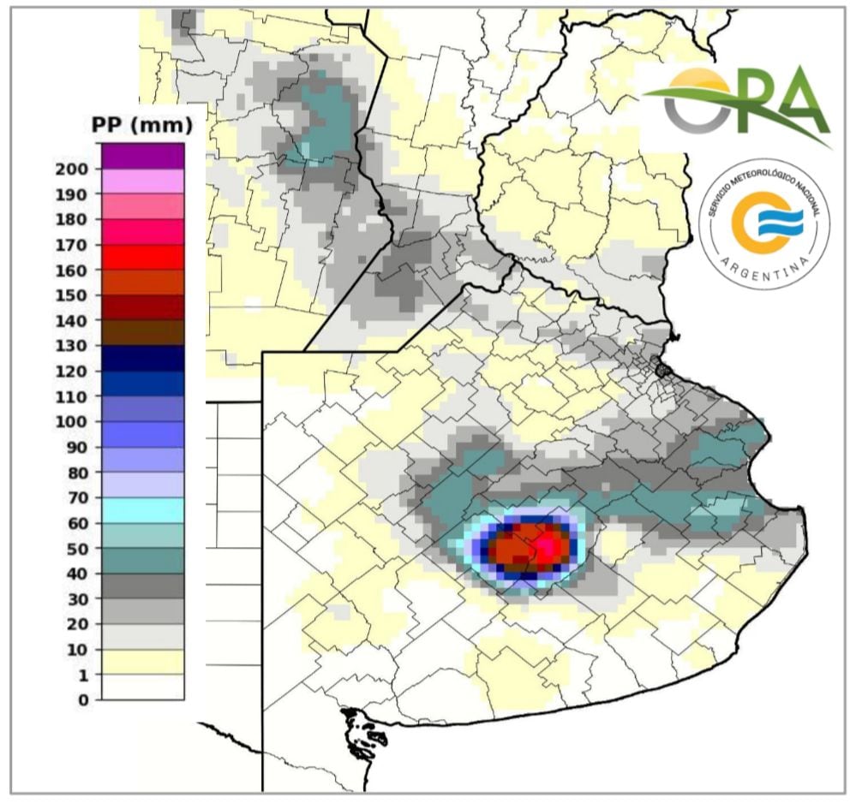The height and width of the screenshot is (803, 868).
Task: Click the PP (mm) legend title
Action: (141, 126)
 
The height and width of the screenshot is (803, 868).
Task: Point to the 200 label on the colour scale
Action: (72, 169)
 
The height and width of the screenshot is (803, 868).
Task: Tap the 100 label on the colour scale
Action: (72, 421)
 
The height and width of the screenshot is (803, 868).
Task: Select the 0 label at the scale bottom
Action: (83, 700)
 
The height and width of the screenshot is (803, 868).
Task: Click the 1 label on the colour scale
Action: (83, 675)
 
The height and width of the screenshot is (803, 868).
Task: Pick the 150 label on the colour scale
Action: (72, 295)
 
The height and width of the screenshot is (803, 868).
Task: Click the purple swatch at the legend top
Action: (142, 156)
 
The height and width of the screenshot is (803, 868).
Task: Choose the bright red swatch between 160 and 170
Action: (142, 258)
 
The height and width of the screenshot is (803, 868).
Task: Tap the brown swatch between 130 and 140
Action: (142, 333)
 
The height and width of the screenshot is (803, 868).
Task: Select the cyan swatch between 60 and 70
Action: (142, 510)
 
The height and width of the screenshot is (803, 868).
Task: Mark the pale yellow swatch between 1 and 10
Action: (142, 662)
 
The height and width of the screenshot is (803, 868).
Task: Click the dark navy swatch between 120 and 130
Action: (142, 359)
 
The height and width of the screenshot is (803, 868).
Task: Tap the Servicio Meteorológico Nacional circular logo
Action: (763, 223)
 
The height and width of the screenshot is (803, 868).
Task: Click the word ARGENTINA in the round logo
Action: (763, 271)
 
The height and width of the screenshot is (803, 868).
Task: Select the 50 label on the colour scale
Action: (77, 548)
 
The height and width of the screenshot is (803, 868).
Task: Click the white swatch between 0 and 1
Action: (142, 687)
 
